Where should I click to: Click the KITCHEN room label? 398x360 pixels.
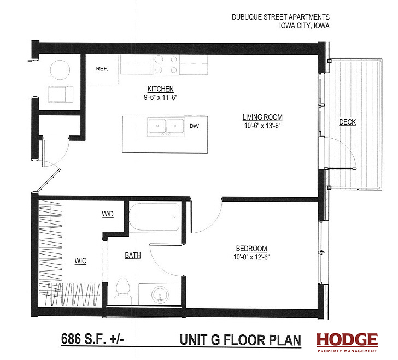point(160,89)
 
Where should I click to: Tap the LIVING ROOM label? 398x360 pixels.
point(262,117)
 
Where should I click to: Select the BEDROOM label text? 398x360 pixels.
point(251,249)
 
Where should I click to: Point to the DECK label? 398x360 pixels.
point(348,122)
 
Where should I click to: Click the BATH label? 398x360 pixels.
point(133,255)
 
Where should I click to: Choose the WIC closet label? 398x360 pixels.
point(80,261)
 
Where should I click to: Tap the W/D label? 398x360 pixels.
point(108,214)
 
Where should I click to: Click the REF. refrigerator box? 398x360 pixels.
point(102,69)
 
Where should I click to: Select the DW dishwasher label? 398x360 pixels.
point(195,126)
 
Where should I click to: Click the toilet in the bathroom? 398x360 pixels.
point(123,291)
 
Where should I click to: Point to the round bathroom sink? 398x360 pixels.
point(160,294)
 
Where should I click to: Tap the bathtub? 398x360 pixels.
point(155,217)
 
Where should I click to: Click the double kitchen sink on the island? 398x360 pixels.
point(166,127)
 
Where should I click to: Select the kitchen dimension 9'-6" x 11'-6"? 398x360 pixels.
point(160,97)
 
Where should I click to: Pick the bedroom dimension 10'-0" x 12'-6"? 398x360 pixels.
point(251,257)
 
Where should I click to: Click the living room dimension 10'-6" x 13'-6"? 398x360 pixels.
point(262,126)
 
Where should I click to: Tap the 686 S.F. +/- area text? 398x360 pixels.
point(92,339)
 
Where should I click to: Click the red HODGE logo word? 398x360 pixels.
point(347,340)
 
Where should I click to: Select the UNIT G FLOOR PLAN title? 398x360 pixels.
point(241,340)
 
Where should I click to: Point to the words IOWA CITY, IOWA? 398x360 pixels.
point(305,26)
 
